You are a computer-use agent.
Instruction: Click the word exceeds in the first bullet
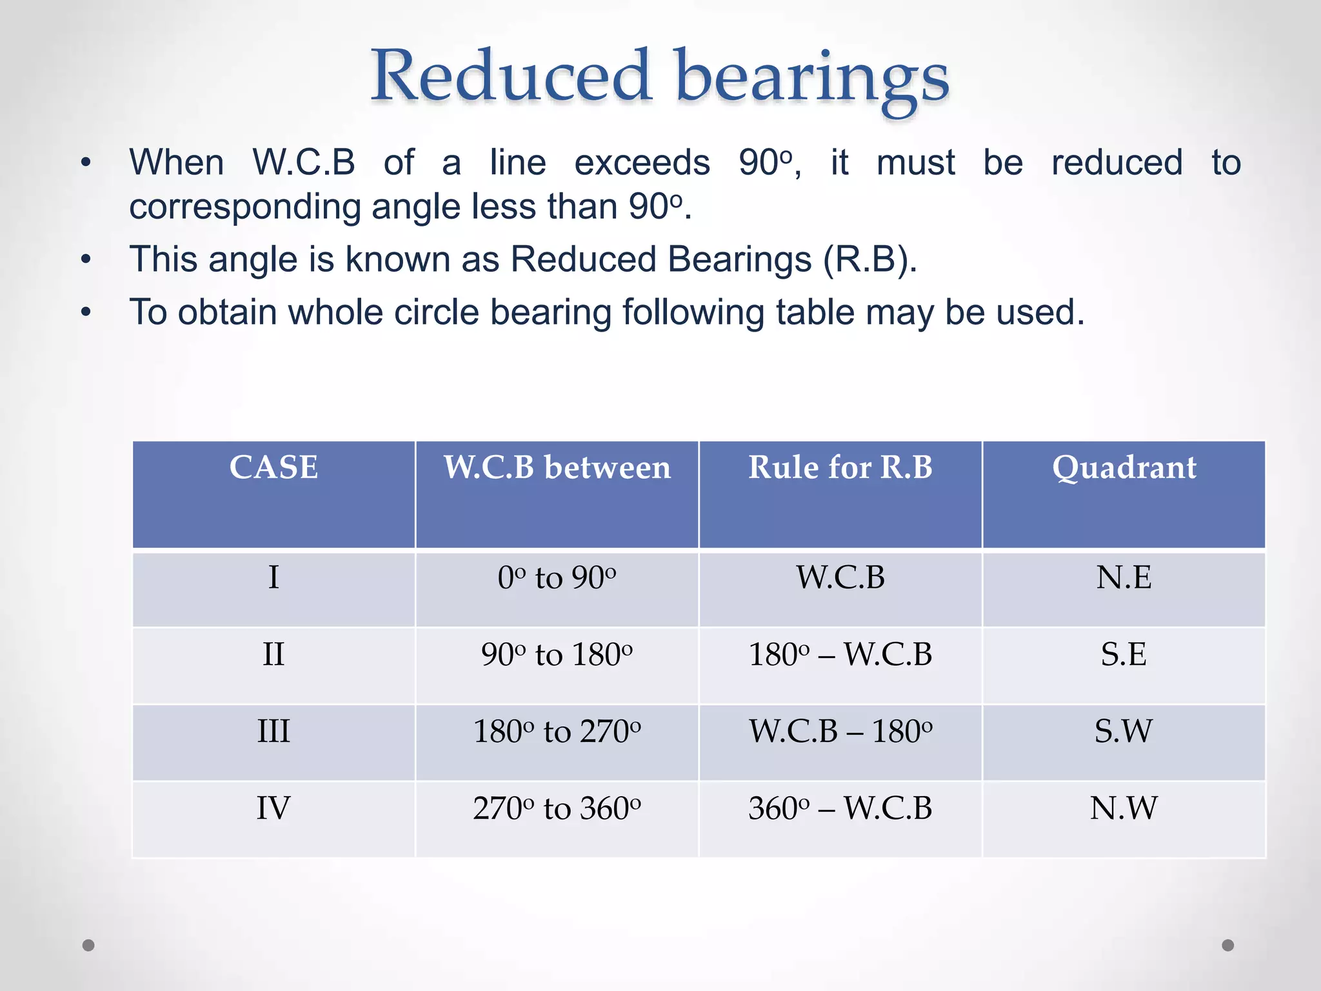[642, 163]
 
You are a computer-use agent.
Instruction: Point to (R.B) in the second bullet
[869, 259]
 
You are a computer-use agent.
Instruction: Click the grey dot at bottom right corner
[1228, 945]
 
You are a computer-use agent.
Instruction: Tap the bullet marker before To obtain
[86, 313]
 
